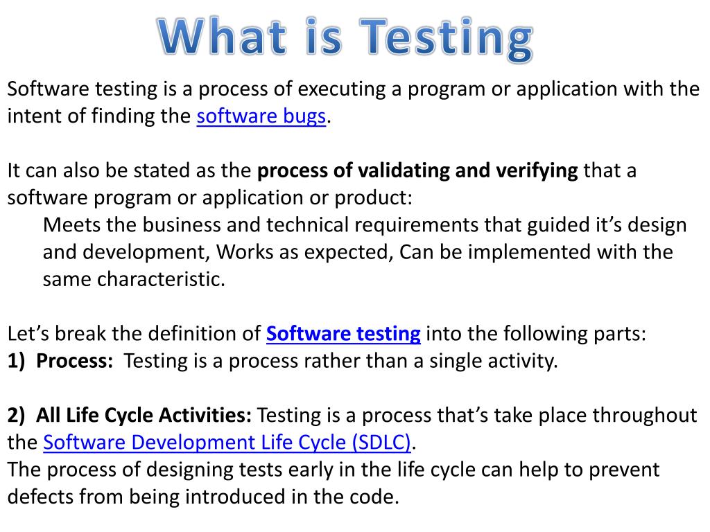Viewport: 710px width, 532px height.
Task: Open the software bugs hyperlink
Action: point(261,116)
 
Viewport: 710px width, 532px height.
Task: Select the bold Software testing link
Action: point(343,334)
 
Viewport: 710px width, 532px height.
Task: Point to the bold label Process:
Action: point(75,361)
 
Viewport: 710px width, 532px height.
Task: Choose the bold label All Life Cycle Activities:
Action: point(144,416)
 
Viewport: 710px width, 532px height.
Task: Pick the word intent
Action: point(28,116)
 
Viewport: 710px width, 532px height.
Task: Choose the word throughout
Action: point(647,416)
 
